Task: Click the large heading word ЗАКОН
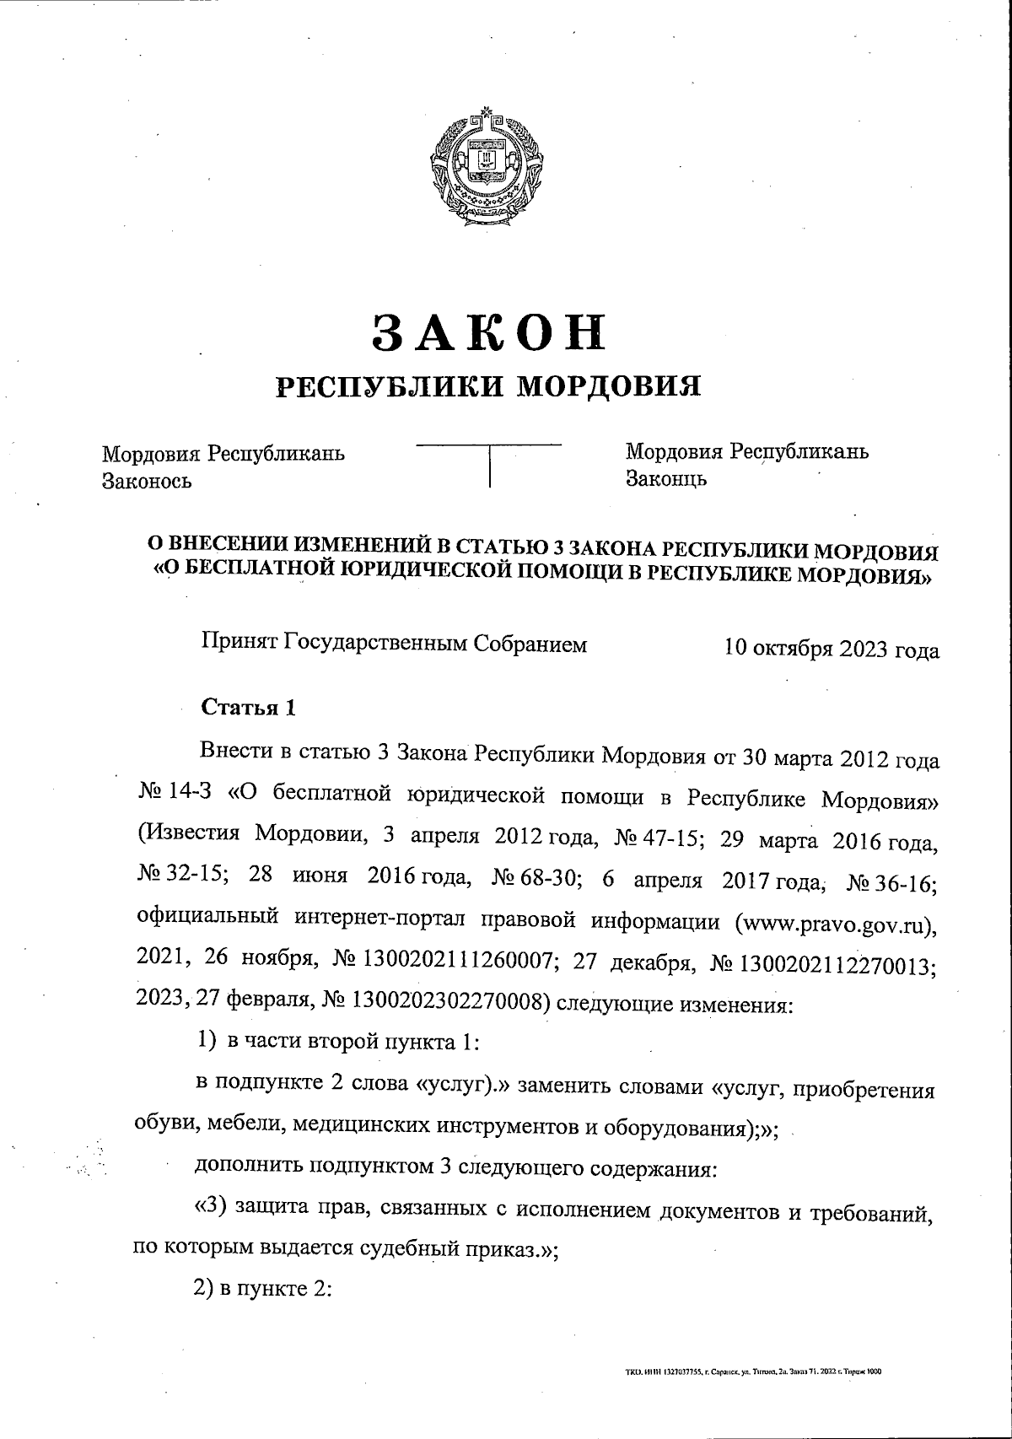click(x=488, y=331)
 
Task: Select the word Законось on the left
click(x=147, y=481)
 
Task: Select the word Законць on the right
click(x=665, y=479)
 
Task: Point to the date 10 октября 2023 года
click(x=831, y=649)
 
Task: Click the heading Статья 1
click(x=248, y=707)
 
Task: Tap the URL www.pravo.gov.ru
click(x=835, y=921)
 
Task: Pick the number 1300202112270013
click(x=838, y=962)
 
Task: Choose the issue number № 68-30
click(x=537, y=879)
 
